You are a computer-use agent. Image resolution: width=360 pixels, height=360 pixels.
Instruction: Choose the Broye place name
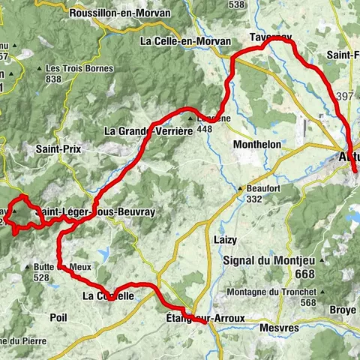pos(343,308)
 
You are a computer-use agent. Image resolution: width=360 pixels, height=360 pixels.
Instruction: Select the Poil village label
pos(58,317)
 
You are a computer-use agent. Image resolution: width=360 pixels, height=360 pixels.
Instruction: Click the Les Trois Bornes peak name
pos(79,68)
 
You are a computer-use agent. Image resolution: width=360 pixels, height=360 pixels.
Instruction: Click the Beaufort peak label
pos(267,188)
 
